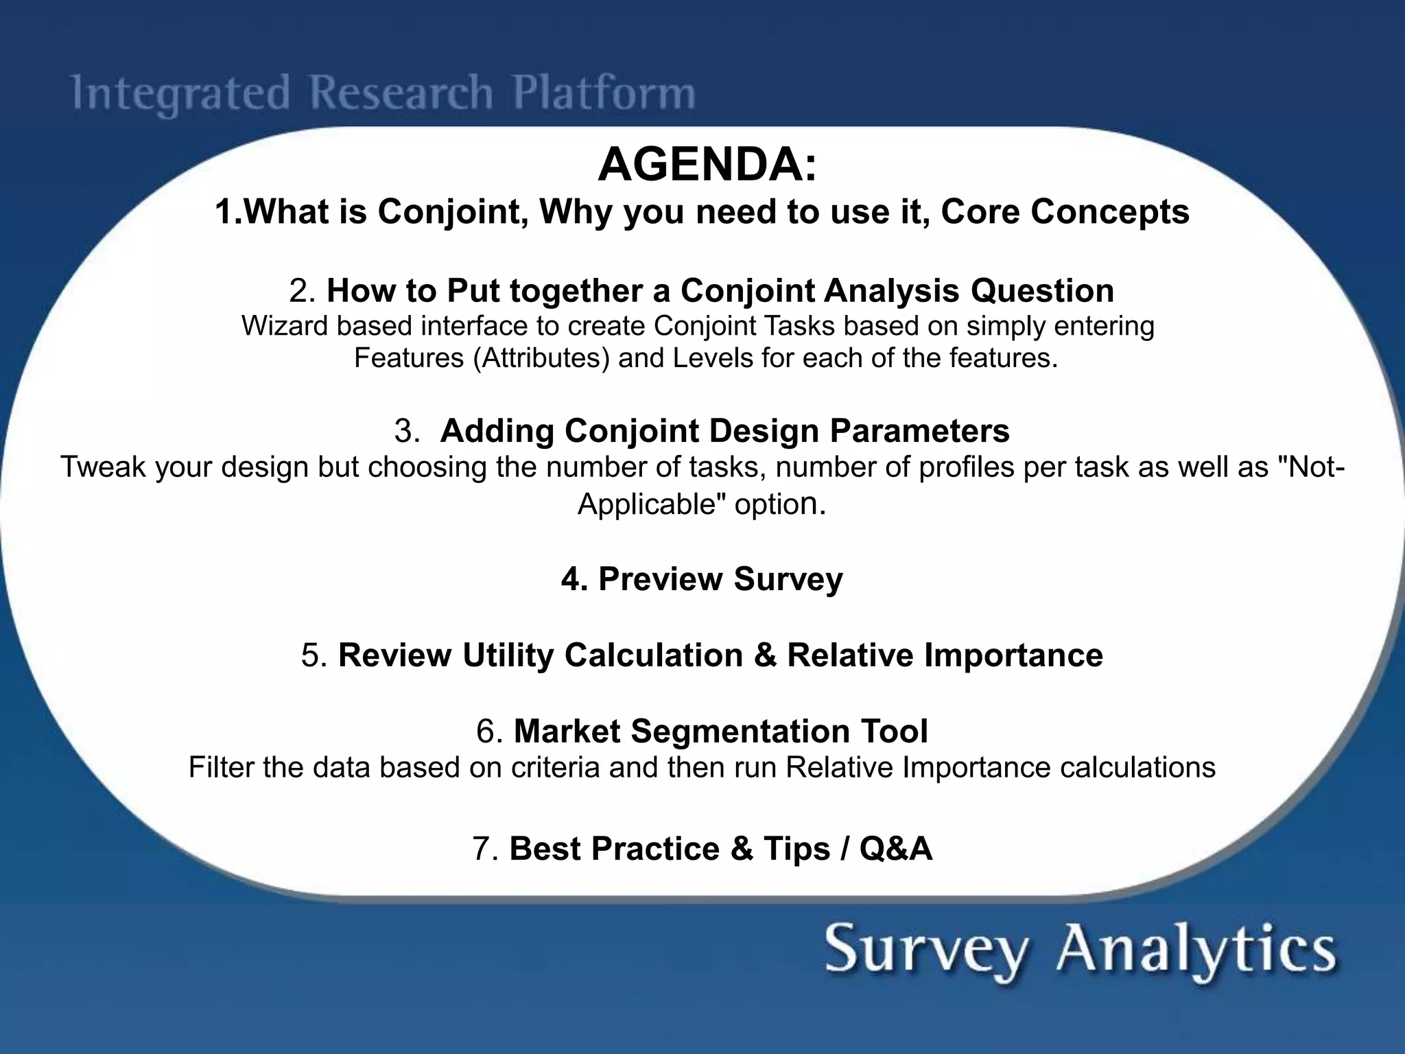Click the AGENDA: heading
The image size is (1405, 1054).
click(708, 165)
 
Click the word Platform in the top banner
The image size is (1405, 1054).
click(604, 93)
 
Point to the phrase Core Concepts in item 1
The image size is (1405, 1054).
click(1065, 211)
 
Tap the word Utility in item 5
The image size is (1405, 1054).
click(507, 655)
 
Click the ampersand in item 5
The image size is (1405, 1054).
click(764, 655)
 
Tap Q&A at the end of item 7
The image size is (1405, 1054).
click(895, 848)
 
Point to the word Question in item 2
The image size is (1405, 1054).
click(1042, 290)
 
